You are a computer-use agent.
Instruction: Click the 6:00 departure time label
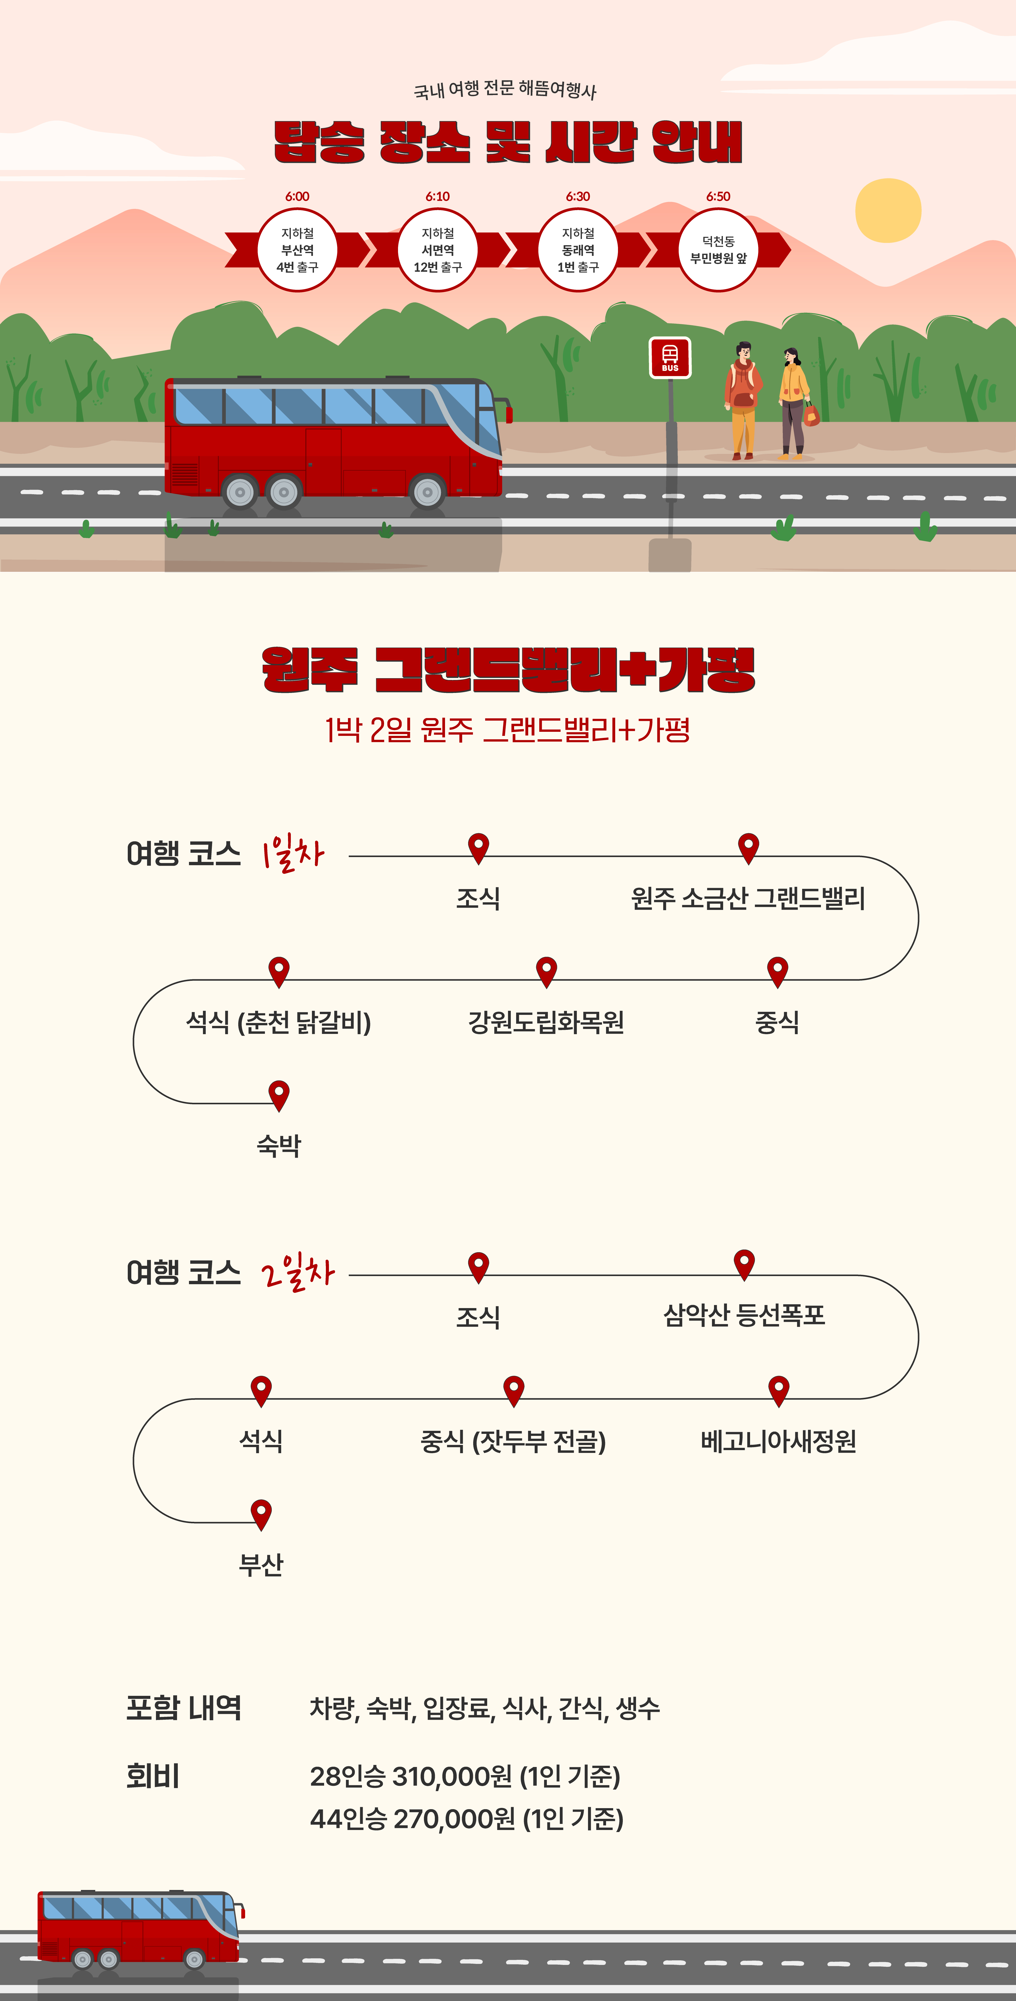297,196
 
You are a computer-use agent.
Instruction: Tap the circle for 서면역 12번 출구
437,250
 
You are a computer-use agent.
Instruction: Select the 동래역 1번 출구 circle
578,250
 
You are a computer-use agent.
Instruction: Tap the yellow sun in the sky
888,210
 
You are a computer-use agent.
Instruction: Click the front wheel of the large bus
427,492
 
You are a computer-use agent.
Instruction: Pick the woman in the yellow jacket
793,402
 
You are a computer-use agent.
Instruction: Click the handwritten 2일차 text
297,1272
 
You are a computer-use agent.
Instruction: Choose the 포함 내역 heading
184,1707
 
